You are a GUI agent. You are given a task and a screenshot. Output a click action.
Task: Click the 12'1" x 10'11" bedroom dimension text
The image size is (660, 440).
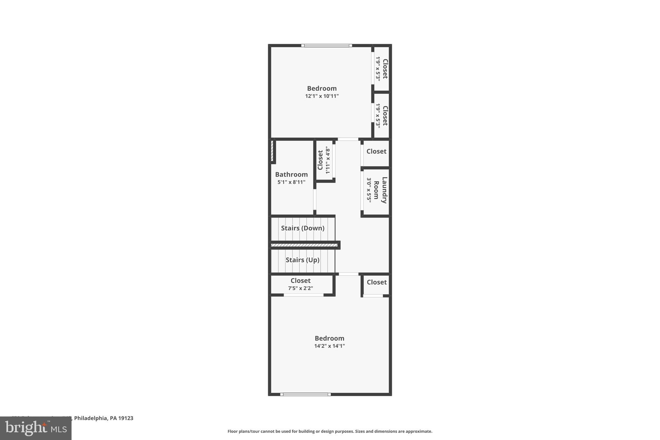pyautogui.click(x=322, y=96)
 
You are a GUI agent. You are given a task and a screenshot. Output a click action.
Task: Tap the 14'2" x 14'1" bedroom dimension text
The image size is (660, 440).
pyautogui.click(x=329, y=346)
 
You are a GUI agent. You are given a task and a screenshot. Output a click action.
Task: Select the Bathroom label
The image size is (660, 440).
pyautogui.click(x=291, y=174)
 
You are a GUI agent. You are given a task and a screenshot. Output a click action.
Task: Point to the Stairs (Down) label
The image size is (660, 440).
pyautogui.click(x=303, y=228)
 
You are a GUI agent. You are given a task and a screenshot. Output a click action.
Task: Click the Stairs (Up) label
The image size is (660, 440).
pyautogui.click(x=302, y=260)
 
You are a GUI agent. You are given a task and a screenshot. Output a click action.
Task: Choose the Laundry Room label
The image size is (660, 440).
pyautogui.click(x=380, y=190)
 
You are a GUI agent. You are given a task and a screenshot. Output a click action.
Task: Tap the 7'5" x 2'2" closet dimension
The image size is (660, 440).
pyautogui.click(x=300, y=288)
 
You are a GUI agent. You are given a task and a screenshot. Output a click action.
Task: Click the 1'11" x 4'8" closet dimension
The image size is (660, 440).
pyautogui.click(x=328, y=160)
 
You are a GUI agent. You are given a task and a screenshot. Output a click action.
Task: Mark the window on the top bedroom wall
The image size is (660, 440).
pyautogui.click(x=326, y=45)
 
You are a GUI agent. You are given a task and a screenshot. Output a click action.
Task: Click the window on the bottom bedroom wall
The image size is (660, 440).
pyautogui.click(x=305, y=394)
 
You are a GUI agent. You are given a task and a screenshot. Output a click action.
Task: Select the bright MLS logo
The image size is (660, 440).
pyautogui.click(x=36, y=428)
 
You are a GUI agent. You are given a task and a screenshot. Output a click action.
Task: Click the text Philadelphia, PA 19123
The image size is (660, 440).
pyautogui.click(x=103, y=418)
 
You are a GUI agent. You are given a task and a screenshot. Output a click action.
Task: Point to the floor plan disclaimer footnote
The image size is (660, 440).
pyautogui.click(x=330, y=431)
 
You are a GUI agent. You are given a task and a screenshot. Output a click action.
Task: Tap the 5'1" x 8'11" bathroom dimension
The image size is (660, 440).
pyautogui.click(x=291, y=182)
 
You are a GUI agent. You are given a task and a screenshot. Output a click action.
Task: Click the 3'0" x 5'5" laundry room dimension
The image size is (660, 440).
pyautogui.click(x=369, y=190)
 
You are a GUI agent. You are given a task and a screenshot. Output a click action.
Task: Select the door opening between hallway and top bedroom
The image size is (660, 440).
pyautogui.click(x=348, y=139)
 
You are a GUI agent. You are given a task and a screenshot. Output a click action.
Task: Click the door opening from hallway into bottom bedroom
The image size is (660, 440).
pyautogui.click(x=348, y=274)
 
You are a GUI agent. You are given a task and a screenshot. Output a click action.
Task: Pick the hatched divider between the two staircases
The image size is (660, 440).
pyautogui.click(x=304, y=245)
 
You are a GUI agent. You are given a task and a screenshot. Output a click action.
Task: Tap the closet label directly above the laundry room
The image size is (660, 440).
pyautogui.click(x=376, y=151)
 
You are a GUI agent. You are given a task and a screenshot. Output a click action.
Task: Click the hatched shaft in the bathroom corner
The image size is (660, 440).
pyautogui.click(x=272, y=151)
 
